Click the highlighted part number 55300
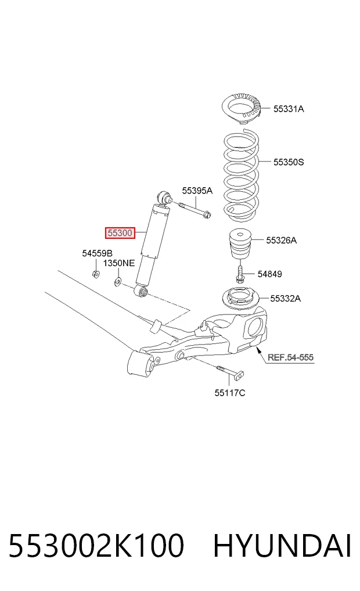(x=120, y=233)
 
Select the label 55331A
(x=289, y=109)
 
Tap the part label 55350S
(x=289, y=162)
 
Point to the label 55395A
(x=197, y=191)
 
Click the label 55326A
(x=281, y=240)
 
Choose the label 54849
(x=269, y=274)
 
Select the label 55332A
(x=286, y=299)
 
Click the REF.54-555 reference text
(x=291, y=357)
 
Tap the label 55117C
(x=230, y=393)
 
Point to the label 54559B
(x=97, y=253)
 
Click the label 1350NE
(x=119, y=263)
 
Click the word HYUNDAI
(x=282, y=546)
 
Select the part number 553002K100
(x=96, y=546)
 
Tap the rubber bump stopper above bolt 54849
(x=240, y=243)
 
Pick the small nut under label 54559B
(x=96, y=274)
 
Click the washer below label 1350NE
(x=117, y=281)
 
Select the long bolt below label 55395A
(x=195, y=210)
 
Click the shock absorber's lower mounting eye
(x=142, y=291)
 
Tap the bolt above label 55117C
(x=230, y=372)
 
